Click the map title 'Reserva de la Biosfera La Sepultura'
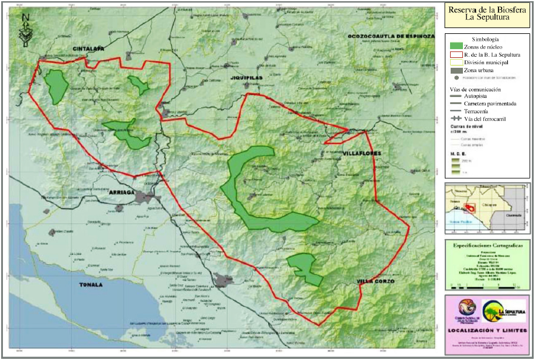click(486, 13)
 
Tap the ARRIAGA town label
click(122, 192)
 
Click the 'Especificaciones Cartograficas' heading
click(486, 247)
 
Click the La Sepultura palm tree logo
click(502, 308)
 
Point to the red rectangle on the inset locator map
click(472, 207)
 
